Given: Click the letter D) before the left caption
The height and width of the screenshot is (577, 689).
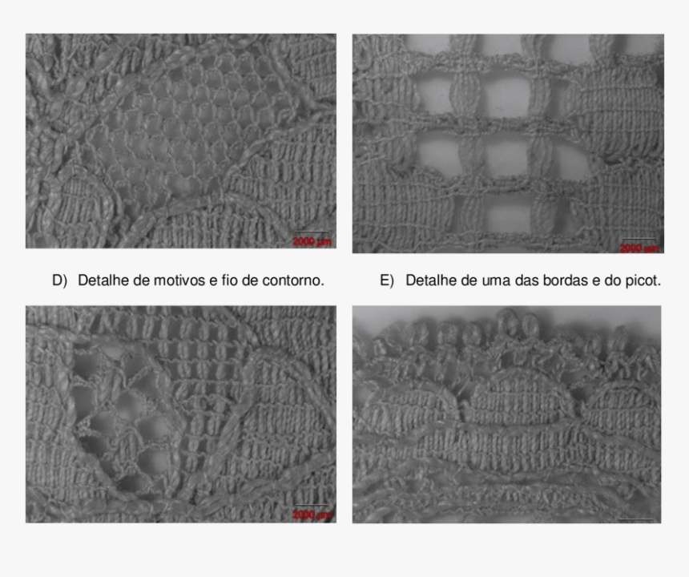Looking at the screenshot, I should pos(59,280).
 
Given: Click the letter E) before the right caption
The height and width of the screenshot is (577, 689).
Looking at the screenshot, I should pos(388,280).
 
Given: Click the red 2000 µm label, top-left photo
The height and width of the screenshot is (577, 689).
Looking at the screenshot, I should pos(312,241).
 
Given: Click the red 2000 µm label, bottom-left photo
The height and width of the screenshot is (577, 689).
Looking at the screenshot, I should pos(312,514).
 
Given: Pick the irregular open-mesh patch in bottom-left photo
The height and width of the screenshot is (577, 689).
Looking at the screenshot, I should pos(120,417).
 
